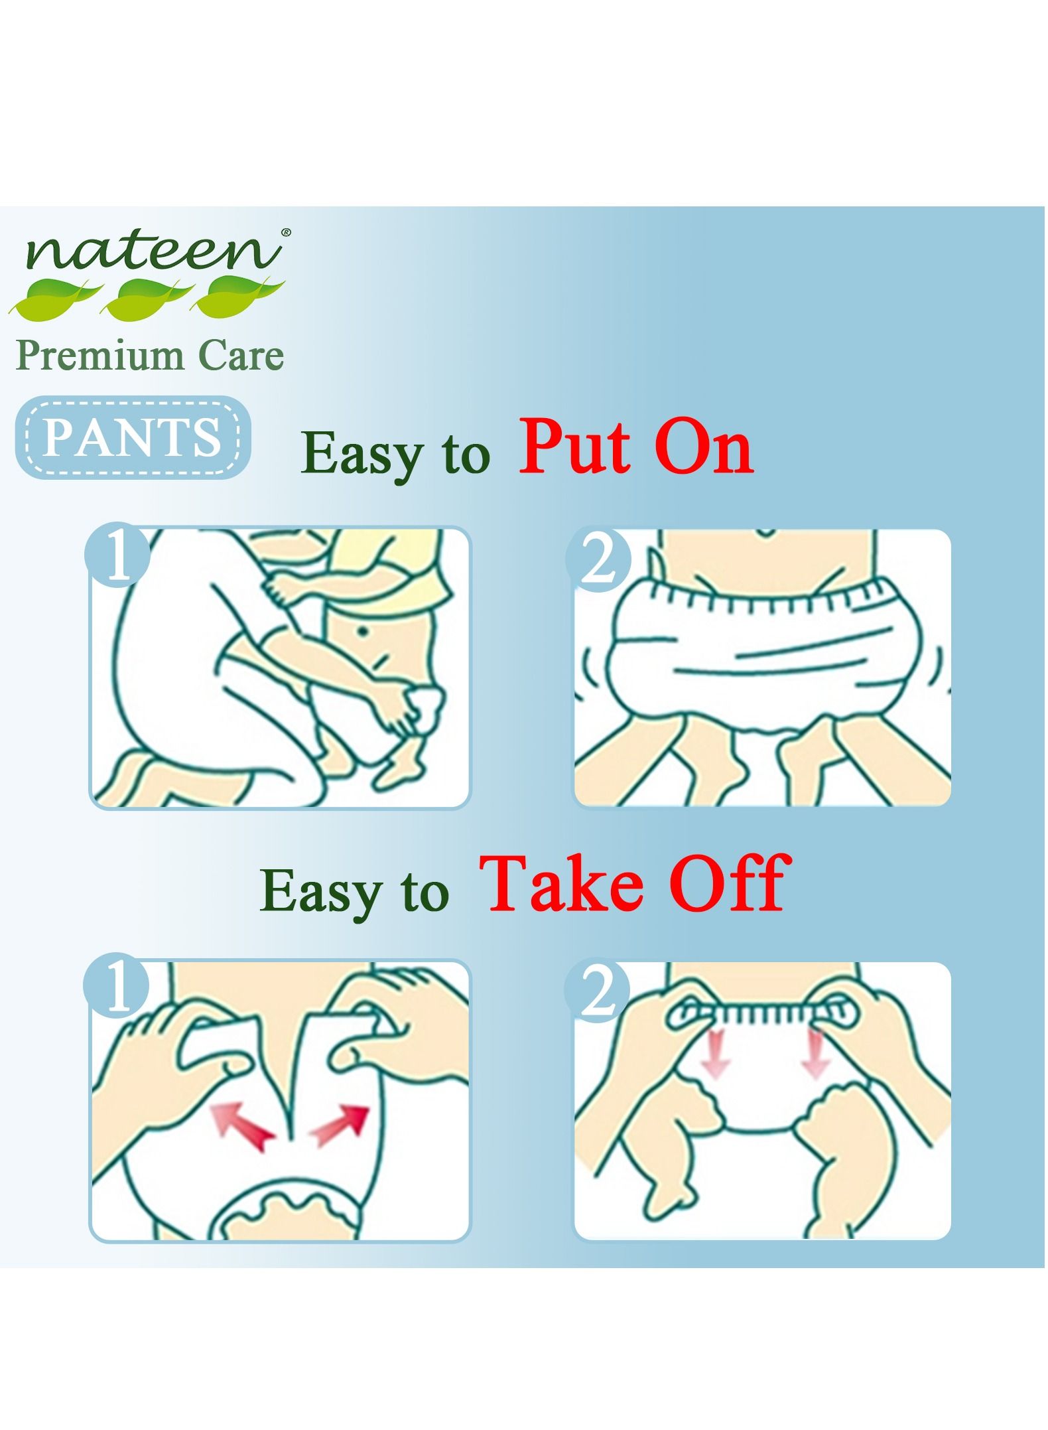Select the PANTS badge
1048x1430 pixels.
coord(133,438)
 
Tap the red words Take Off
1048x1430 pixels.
coord(635,884)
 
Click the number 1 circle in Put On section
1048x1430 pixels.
coord(118,556)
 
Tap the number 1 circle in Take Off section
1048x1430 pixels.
coord(117,990)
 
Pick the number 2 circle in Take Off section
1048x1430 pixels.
coord(597,992)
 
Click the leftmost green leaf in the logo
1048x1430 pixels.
coord(56,297)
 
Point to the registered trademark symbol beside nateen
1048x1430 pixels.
coord(286,233)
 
